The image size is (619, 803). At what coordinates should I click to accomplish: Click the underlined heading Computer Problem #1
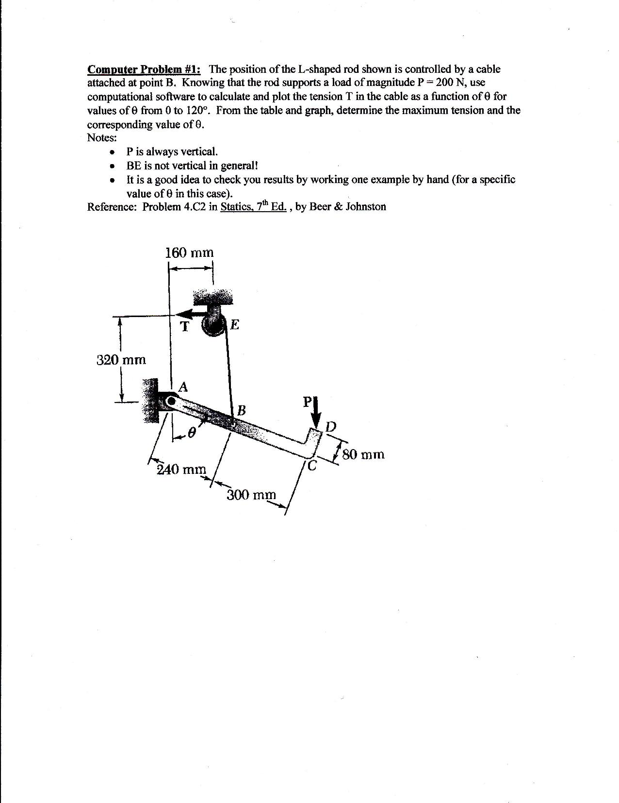144,69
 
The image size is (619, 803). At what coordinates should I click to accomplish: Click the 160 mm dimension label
189,253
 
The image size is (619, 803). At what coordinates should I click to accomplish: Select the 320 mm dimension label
121,360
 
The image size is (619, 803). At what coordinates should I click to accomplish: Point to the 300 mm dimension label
251,495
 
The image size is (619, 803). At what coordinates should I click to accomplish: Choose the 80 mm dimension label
363,455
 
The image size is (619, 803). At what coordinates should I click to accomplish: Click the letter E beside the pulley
235,324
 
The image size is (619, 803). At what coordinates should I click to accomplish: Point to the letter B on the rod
241,410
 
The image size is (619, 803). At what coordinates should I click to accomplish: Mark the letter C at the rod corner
312,467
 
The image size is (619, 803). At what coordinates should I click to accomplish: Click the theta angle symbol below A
192,432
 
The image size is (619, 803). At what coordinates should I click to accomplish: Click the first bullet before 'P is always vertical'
113,152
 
